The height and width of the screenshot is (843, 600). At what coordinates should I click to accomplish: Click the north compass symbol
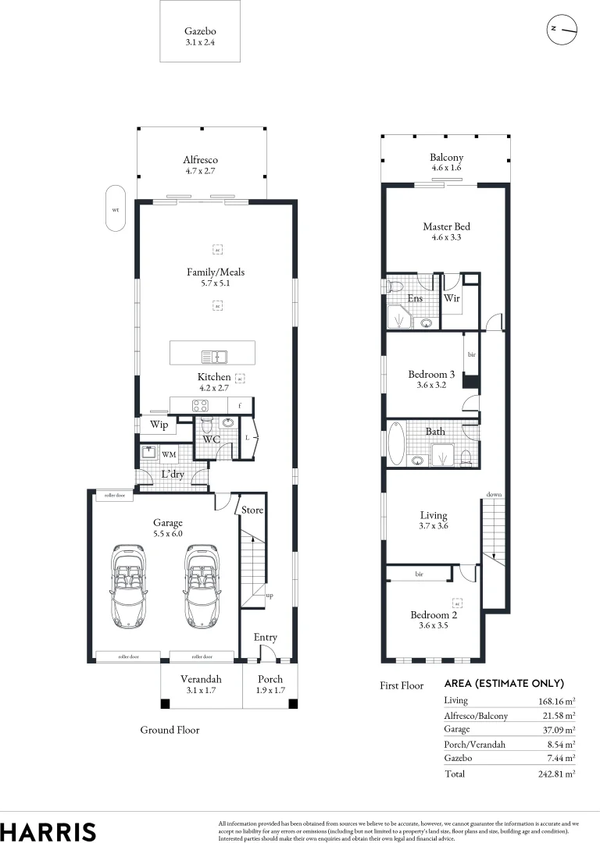(562, 29)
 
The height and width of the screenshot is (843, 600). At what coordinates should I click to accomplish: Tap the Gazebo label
(200, 31)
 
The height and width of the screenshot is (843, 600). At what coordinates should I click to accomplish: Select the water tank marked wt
(116, 208)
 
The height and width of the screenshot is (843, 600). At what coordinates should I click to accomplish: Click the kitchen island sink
(213, 357)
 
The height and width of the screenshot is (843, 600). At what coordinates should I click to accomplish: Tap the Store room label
(252, 510)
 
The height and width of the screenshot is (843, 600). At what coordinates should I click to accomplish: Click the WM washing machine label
(169, 454)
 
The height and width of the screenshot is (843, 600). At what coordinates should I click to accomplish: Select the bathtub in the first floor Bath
(398, 444)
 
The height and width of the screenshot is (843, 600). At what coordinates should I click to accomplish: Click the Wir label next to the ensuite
(452, 298)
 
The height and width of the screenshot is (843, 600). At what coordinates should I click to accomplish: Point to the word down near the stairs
(494, 495)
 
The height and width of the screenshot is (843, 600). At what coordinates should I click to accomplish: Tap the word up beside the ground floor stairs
(270, 596)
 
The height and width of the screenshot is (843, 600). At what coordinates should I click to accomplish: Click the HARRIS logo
(48, 831)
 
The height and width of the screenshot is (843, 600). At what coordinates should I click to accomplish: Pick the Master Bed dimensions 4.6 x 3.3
(447, 237)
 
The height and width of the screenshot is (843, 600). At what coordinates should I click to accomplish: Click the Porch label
(270, 679)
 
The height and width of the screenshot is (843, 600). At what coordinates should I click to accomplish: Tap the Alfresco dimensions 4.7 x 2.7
(201, 169)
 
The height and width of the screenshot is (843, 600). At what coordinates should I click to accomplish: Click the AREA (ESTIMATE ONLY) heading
(504, 683)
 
